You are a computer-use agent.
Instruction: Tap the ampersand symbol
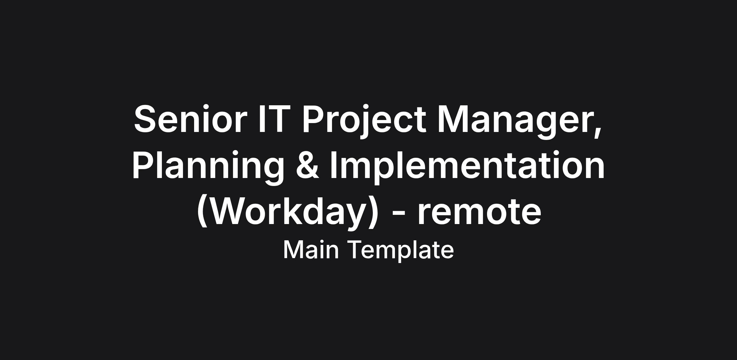coord(308,165)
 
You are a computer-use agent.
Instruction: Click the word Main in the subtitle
coord(311,250)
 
